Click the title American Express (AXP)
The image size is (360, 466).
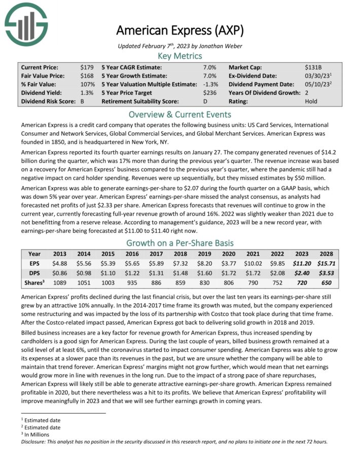click(180, 30)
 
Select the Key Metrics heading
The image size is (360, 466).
click(180, 56)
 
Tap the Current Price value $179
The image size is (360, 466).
click(87, 67)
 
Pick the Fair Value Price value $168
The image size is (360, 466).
click(87, 76)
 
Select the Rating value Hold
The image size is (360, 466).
click(312, 101)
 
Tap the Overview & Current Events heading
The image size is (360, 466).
click(180, 114)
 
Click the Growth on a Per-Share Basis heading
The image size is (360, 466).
click(180, 242)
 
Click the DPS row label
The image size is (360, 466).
click(34, 273)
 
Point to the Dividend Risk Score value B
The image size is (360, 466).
click(83, 101)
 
